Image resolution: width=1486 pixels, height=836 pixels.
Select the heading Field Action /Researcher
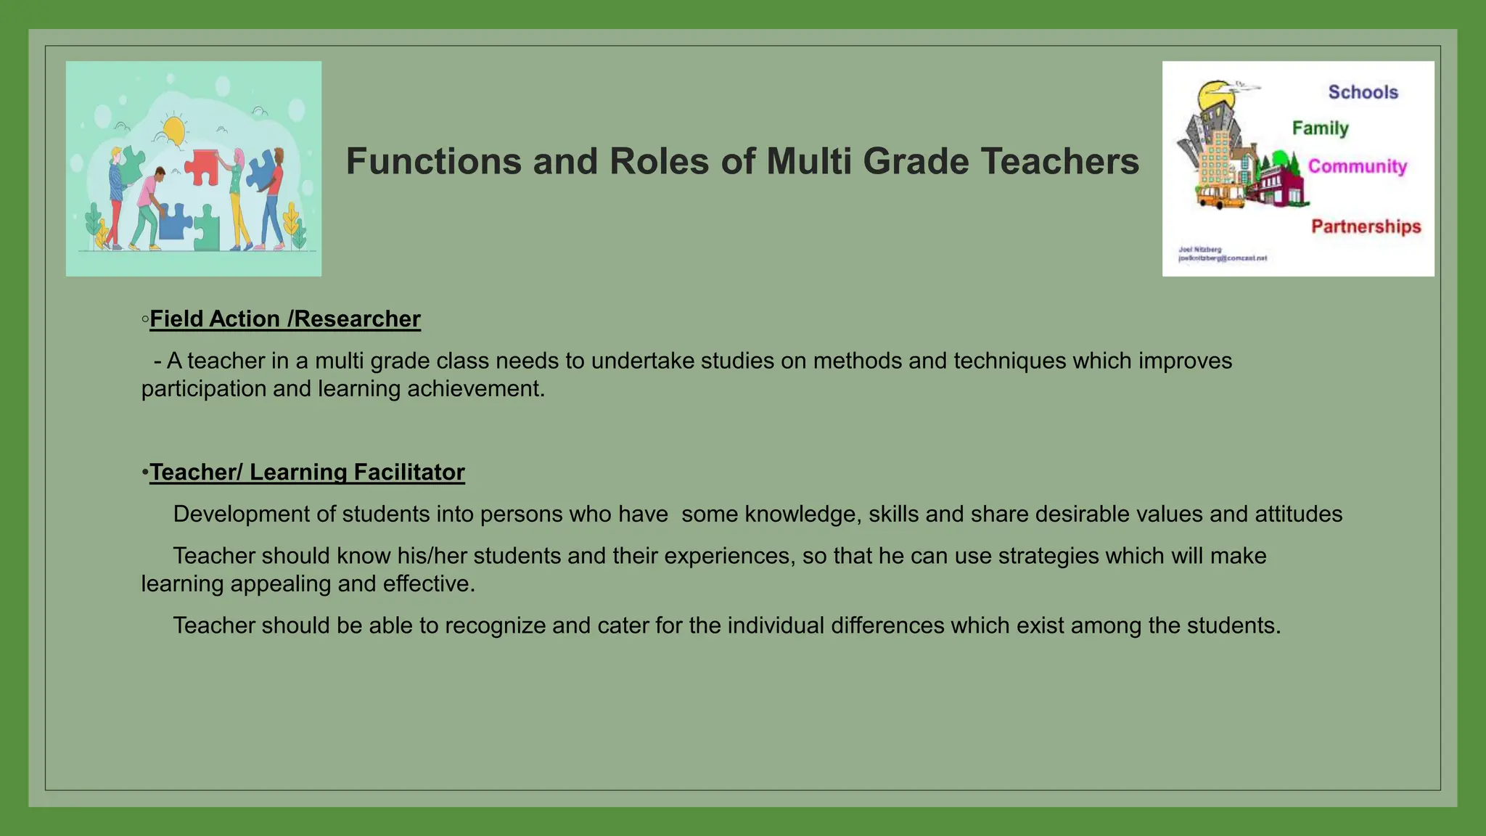(x=284, y=319)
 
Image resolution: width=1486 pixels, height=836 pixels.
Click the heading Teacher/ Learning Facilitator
(x=307, y=472)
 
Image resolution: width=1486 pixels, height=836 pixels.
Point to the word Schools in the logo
(x=1363, y=92)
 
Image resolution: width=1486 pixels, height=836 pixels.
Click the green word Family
(x=1320, y=128)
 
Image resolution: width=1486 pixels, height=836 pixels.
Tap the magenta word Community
(x=1357, y=166)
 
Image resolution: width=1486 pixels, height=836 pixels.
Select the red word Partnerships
(x=1366, y=226)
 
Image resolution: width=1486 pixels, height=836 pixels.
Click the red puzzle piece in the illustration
(x=202, y=166)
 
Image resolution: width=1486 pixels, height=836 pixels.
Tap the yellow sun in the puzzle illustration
(x=174, y=131)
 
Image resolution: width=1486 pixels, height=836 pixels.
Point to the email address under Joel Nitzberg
(x=1222, y=258)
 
